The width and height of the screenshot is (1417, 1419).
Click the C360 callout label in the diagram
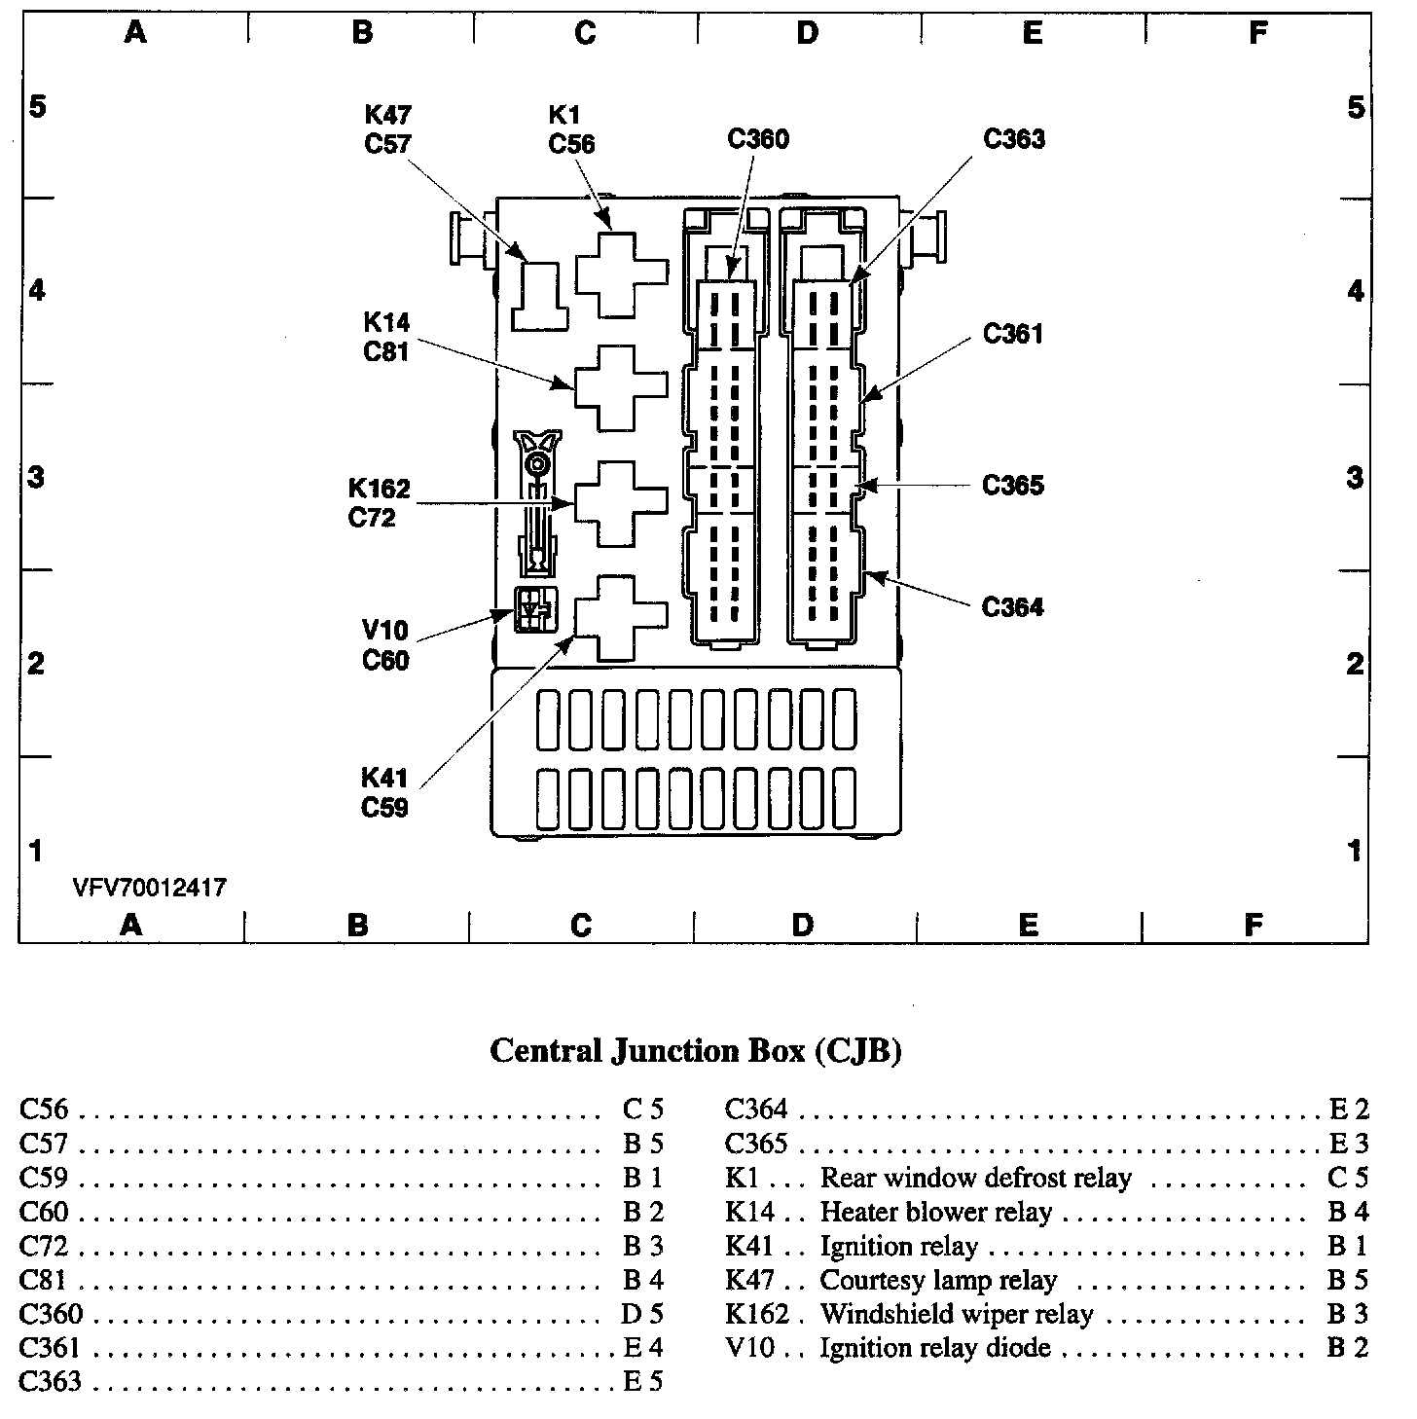pos(758,139)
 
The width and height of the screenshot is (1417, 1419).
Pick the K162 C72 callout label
pos(379,502)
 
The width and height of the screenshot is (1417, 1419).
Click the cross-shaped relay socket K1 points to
pos(622,273)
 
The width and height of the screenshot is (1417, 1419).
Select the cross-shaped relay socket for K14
pos(622,387)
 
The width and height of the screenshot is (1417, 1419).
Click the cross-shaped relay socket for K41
pos(622,617)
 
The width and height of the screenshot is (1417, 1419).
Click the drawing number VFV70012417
pos(149,888)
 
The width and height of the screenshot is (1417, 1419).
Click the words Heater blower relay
pos(936,1213)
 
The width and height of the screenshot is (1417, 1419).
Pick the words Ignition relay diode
pos(935,1348)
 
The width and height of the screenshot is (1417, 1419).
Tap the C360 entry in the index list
pos(51,1314)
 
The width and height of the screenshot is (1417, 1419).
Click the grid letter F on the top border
pos(1257,34)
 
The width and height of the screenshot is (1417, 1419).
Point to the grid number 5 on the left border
pos(37,106)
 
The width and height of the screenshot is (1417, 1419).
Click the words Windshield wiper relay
pos(957,1314)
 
